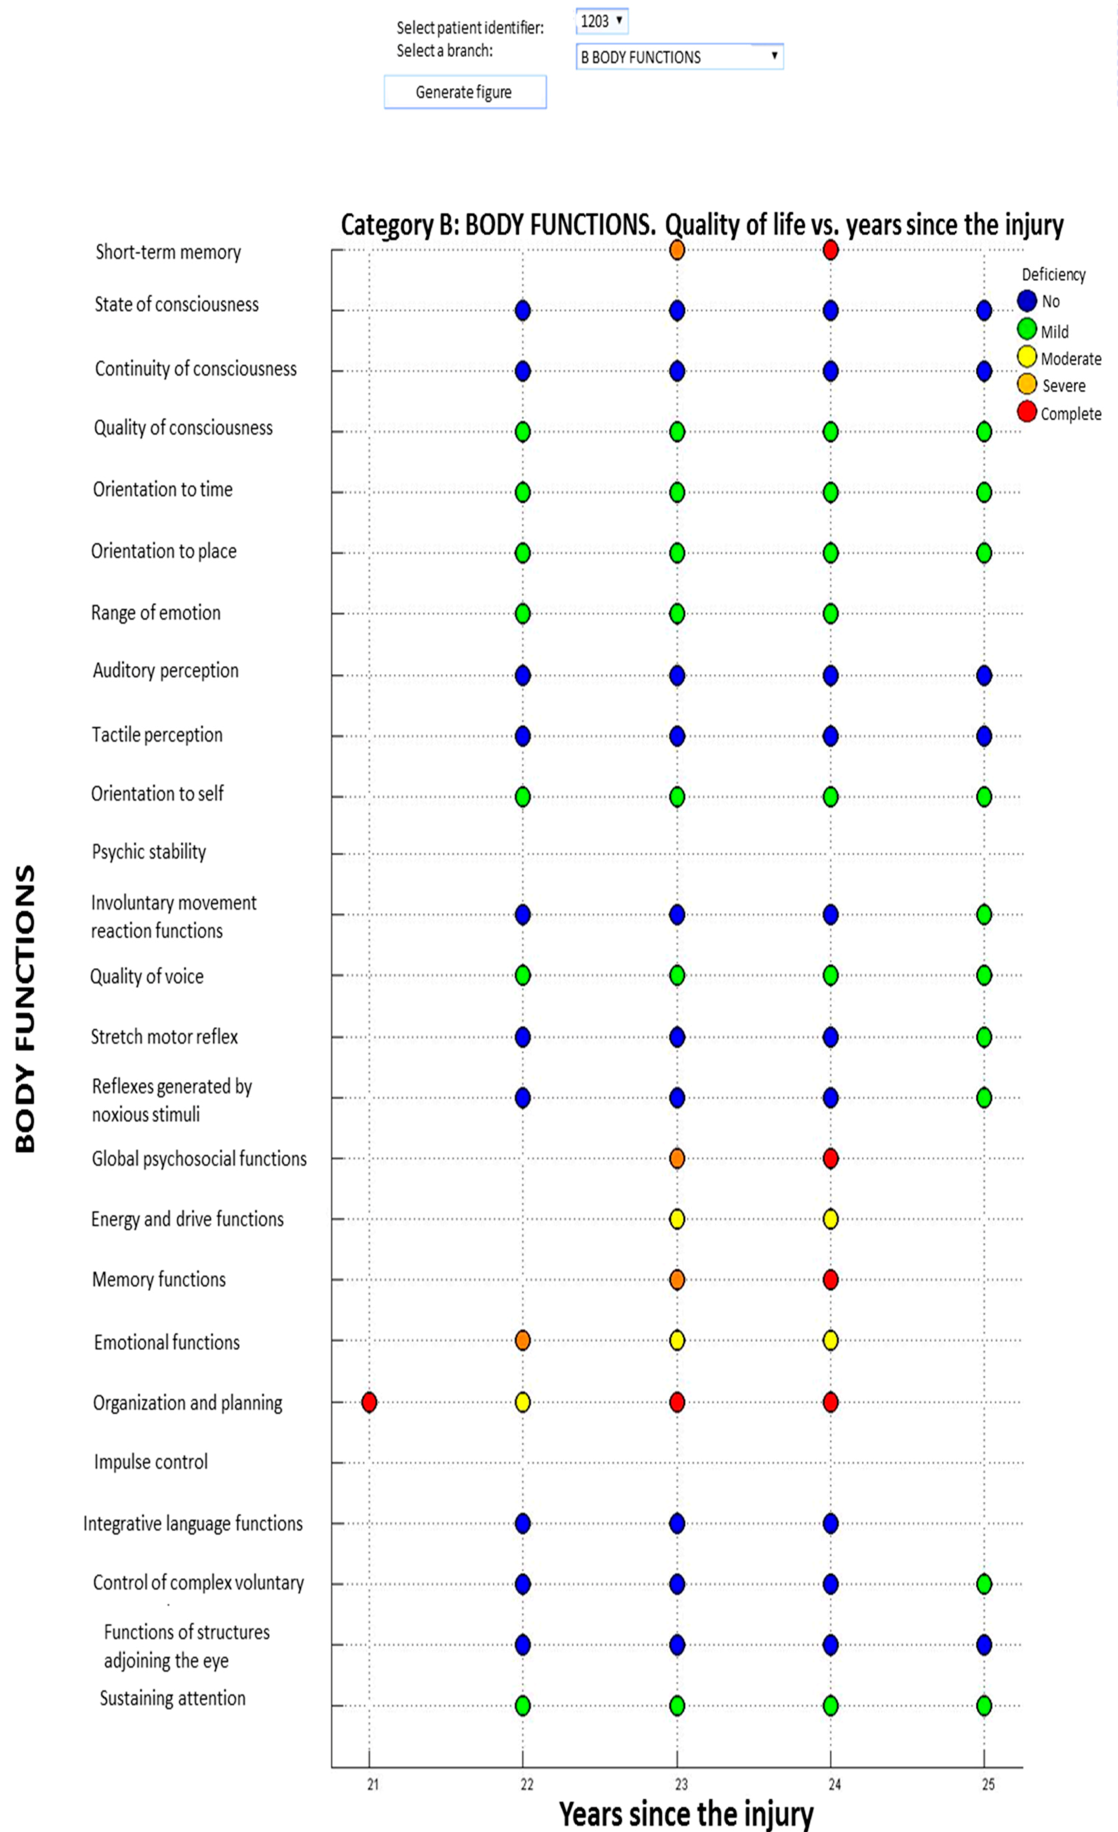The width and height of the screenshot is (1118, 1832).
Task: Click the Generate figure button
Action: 465,92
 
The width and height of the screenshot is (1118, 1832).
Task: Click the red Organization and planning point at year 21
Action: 370,1402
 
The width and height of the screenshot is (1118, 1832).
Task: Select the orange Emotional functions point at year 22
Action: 523,1341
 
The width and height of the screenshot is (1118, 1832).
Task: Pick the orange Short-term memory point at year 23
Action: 676,250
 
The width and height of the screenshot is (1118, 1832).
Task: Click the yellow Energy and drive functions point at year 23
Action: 676,1219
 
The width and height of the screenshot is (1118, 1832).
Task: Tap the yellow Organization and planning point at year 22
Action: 523,1402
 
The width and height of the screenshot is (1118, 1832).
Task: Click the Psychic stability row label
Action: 149,852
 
